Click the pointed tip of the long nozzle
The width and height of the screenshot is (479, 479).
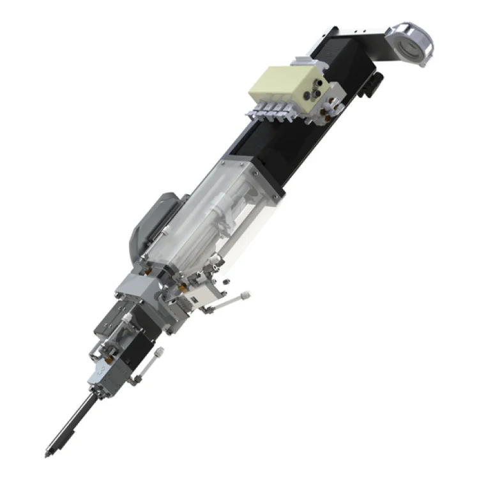(47, 454)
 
